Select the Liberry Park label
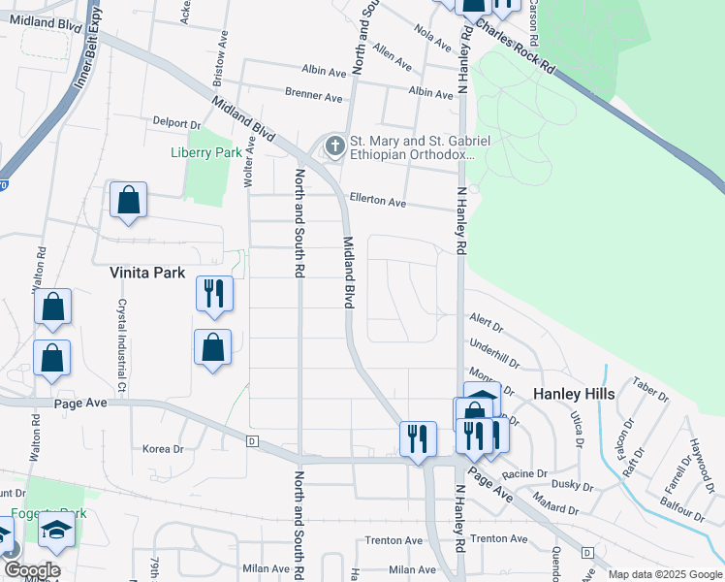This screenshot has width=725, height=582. pyautogui.click(x=205, y=152)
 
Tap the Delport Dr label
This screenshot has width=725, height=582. pyautogui.click(x=175, y=124)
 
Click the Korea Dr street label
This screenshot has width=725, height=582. pyautogui.click(x=163, y=449)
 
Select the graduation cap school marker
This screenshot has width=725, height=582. pyautogui.click(x=56, y=530)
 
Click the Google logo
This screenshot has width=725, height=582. pyautogui.click(x=32, y=570)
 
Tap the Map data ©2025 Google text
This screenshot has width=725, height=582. pyautogui.click(x=664, y=574)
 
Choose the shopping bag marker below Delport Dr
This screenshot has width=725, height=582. pyautogui.click(x=128, y=201)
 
